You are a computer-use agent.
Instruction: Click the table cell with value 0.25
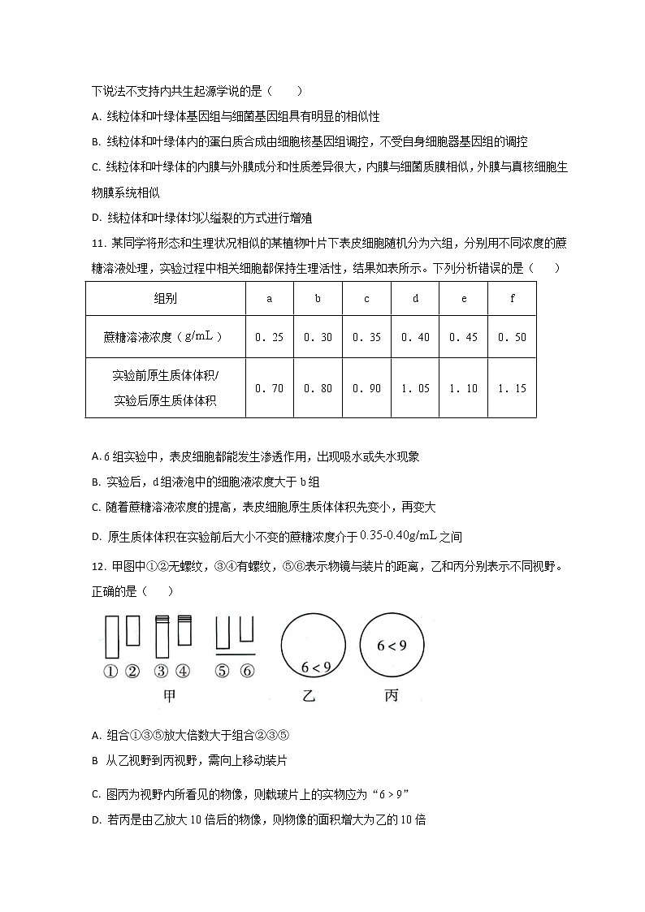pyautogui.click(x=270, y=337)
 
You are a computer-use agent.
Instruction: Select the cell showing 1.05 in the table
pyautogui.click(x=415, y=388)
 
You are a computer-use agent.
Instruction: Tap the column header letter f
pyautogui.click(x=513, y=298)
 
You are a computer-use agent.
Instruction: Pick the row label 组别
pyautogui.click(x=166, y=298)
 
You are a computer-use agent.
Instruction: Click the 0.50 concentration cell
pyautogui.click(x=513, y=337)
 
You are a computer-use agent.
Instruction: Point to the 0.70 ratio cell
pyautogui.click(x=270, y=388)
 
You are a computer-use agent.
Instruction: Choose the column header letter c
pyautogui.click(x=366, y=298)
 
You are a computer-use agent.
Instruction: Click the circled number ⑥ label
pyautogui.click(x=248, y=671)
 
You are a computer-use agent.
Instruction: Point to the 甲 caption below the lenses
pyautogui.click(x=170, y=696)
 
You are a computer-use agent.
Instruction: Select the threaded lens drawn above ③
pyautogui.click(x=162, y=637)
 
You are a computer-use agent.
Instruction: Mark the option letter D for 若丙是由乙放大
pyautogui.click(x=97, y=819)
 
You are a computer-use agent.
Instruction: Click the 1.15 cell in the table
pyautogui.click(x=513, y=388)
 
